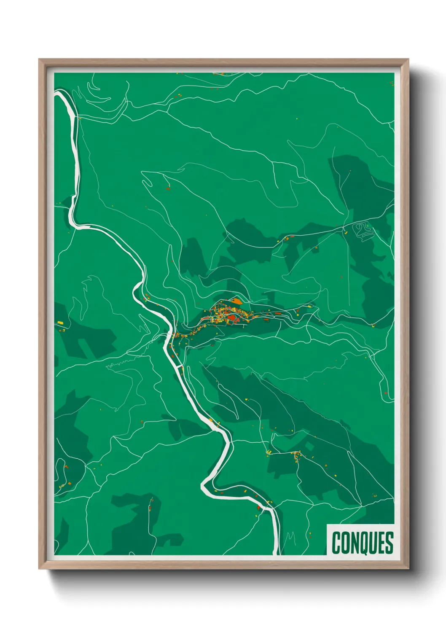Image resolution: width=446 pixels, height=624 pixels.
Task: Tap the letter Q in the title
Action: (x=360, y=543)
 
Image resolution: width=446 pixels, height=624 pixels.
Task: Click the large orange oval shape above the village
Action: (x=236, y=301)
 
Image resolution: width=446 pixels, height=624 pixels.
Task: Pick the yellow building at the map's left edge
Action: (x=60, y=323)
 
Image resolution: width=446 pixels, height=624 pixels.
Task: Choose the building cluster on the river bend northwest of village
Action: (x=147, y=298)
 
